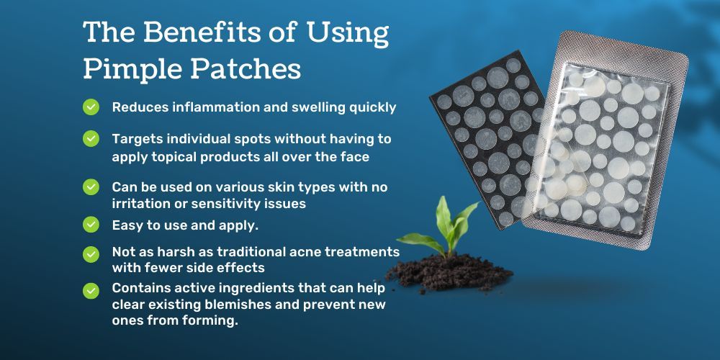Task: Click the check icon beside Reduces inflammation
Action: coord(91,107)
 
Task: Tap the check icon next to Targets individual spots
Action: coord(91,138)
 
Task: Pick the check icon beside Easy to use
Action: coord(91,225)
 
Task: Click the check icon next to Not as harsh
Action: coord(91,254)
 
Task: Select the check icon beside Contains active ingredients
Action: coord(91,291)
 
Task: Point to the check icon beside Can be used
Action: coord(91,187)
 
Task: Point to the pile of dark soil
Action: coord(448,274)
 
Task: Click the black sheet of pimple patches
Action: coord(487,138)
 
